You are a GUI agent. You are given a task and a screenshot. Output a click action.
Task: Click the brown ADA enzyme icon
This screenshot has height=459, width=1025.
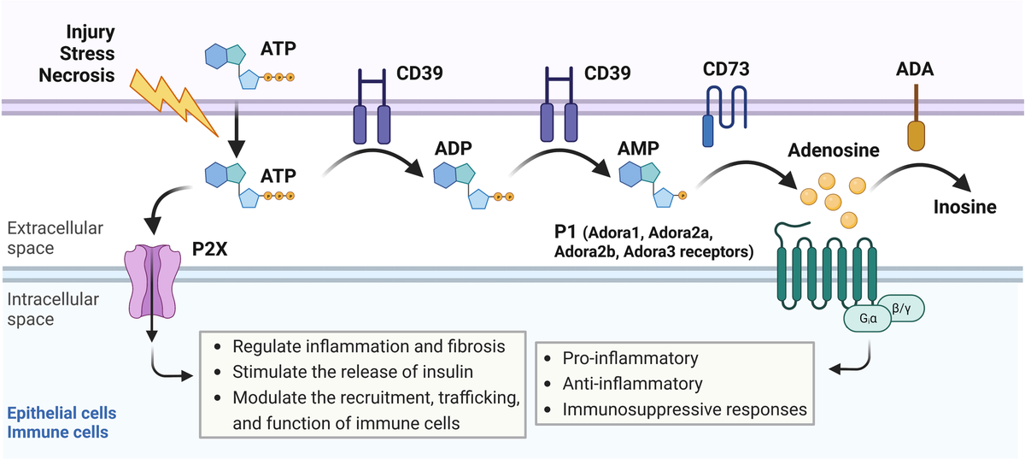click(x=915, y=124)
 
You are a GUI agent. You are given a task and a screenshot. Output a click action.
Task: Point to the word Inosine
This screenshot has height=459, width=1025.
click(x=964, y=207)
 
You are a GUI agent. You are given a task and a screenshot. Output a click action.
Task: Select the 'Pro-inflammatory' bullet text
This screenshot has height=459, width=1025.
click(x=630, y=358)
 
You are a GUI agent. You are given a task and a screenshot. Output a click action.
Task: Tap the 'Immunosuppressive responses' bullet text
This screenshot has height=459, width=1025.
click(x=684, y=409)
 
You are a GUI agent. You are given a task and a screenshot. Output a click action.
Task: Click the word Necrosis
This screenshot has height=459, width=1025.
click(x=77, y=75)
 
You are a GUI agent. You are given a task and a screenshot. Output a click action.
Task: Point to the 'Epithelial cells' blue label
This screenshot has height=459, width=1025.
click(x=61, y=414)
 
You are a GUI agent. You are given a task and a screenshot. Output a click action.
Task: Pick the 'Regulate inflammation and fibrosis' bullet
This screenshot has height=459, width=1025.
click(x=368, y=346)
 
